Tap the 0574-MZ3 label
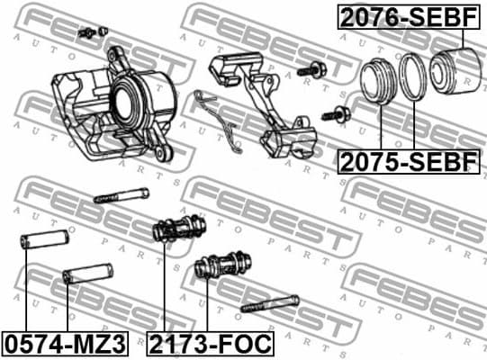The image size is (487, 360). coord(66,343)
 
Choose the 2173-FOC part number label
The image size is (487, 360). coord(211,343)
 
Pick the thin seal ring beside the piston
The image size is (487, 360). coord(415,77)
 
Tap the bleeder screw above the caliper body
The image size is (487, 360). coord(87,33)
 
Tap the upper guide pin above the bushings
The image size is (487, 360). coord(119,194)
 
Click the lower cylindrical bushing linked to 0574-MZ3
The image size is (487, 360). coord(87,273)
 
